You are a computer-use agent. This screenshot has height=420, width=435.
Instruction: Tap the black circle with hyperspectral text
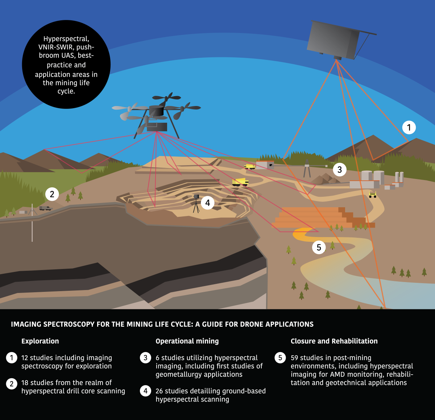pos(66,64)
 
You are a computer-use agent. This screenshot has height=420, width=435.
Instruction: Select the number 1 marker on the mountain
pos(409,127)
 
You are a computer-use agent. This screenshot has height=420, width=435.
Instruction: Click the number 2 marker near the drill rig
pos(52,194)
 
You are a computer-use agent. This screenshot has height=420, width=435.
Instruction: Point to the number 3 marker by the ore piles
pos(339,170)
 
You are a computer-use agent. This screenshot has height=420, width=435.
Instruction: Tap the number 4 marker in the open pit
pos(208,203)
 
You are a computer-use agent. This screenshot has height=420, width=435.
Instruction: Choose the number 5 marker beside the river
pos(319,248)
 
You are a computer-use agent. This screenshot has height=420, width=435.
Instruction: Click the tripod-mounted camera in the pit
pos(196,203)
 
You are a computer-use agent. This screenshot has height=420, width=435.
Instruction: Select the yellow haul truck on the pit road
pos(240,182)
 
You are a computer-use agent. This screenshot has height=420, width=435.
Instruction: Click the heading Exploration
pos(40,341)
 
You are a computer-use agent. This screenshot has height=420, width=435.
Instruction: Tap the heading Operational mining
pos(187,341)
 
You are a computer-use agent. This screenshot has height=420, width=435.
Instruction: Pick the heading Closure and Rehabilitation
pos(334,341)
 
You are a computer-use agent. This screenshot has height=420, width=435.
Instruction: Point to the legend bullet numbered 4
pos(145,391)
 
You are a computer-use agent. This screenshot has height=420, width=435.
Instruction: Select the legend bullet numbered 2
pos(12,384)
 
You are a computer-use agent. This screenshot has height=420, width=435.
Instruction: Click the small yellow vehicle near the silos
pos(373,195)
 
